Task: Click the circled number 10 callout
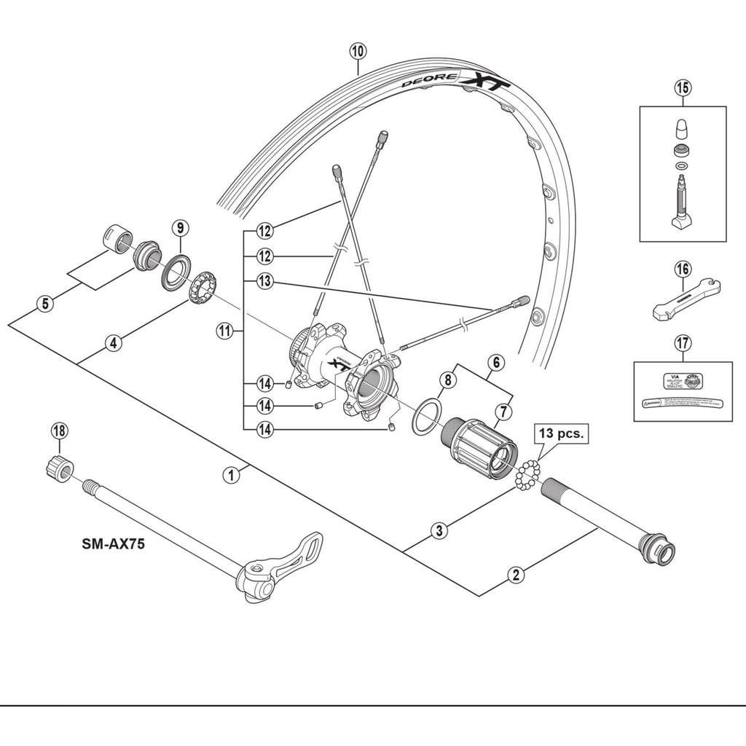click(357, 52)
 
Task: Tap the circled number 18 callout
click(59, 431)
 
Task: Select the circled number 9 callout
click(179, 227)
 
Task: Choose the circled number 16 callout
click(682, 270)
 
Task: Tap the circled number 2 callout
click(515, 574)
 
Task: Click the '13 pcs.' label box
click(561, 433)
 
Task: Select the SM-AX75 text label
click(112, 544)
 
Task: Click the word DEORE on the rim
click(431, 81)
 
